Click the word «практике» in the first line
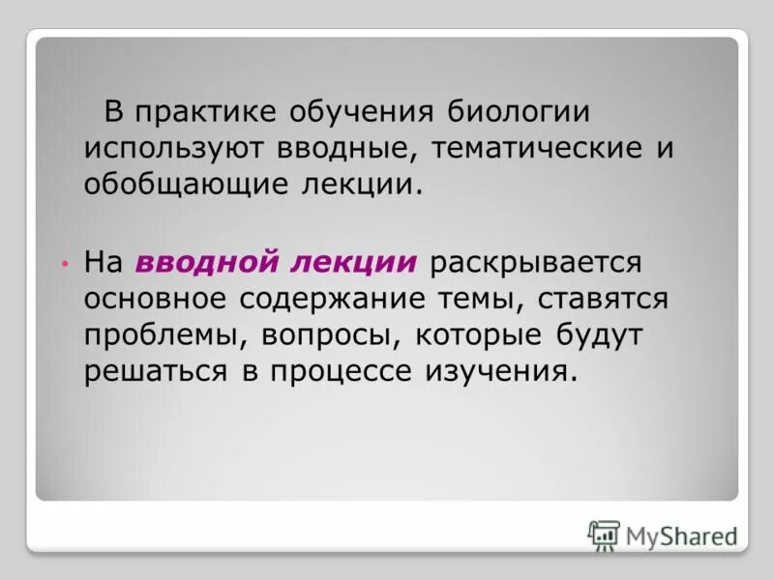[x=200, y=112]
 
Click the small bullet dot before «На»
[x=64, y=264]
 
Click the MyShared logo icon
[x=604, y=535]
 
